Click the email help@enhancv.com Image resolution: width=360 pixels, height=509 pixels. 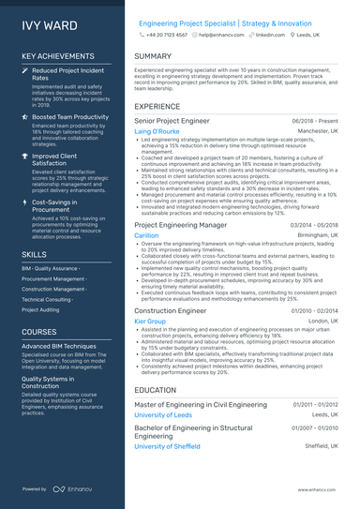tap(221, 34)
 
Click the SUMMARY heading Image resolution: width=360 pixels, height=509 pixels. tap(153, 56)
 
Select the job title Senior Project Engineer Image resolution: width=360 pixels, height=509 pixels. tap(172, 121)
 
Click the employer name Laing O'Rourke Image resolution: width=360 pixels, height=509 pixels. tap(157, 132)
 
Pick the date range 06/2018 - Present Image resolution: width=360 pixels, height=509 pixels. tap(315, 122)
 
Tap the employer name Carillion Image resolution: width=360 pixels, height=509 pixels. tap(146, 236)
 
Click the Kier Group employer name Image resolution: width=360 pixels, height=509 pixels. tap(150, 321)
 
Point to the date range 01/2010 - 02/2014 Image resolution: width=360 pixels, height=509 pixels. tap(314, 310)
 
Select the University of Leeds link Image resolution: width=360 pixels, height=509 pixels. tap(163, 414)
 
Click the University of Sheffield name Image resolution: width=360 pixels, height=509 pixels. tap(168, 446)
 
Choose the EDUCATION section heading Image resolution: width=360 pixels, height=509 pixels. tap(156, 390)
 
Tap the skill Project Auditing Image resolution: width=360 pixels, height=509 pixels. tap(40, 309)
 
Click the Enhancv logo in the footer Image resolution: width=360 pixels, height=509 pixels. tap(71, 489)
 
